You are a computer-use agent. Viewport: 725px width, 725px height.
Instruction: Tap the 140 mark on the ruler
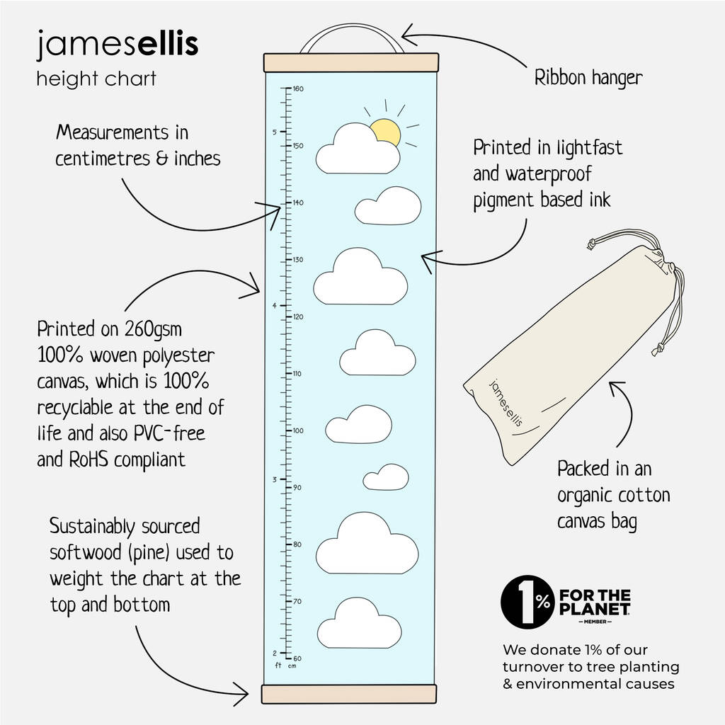coord(298,203)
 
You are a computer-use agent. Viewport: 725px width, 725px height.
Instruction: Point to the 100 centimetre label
coord(298,430)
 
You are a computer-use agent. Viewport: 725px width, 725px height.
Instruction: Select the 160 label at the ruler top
coord(298,89)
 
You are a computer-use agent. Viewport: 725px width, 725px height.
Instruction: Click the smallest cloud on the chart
coord(386,477)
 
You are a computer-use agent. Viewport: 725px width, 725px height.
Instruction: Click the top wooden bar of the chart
coord(350,62)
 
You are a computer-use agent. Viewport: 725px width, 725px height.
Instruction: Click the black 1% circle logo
coord(527,601)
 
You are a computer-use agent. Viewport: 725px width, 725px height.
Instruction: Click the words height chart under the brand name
coord(96,78)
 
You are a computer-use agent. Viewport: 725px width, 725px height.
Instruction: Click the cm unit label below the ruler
coord(292,666)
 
